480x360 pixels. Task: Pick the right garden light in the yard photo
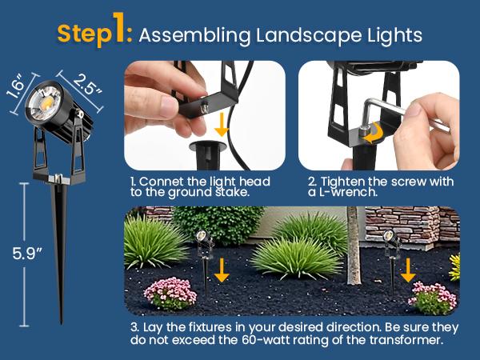click(x=389, y=244)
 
